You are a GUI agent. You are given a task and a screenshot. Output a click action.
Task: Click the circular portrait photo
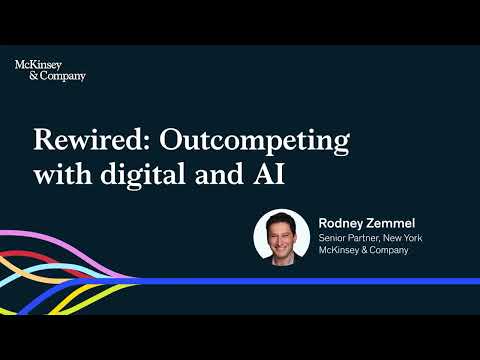click(281, 238)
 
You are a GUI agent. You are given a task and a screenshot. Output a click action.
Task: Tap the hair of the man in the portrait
click(281, 218)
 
